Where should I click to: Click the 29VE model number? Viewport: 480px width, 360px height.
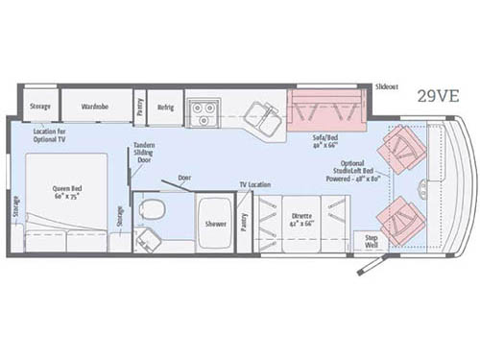pos(439,96)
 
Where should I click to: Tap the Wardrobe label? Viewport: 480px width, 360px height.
pos(94,106)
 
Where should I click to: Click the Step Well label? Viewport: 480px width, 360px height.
pos(371,242)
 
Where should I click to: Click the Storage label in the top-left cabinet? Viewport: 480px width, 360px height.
pos(39,106)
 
